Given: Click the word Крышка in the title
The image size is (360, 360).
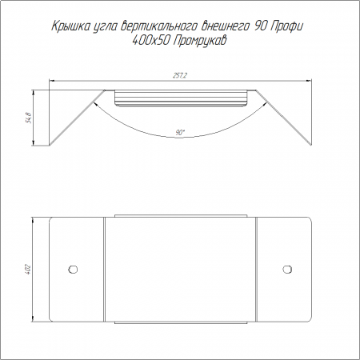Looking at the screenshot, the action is coord(70,26).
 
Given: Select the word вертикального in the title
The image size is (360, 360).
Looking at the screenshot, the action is coord(158,26).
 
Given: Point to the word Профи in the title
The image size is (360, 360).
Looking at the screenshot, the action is coord(287,26).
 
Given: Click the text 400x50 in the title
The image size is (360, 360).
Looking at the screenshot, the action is coord(150,41).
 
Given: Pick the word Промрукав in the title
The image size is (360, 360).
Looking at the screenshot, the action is coord(200,41).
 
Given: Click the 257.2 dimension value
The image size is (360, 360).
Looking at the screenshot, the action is coord(180,76).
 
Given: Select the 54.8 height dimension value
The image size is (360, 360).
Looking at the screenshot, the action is coord(29,118).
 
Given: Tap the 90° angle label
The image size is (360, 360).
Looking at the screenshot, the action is coord(180,132).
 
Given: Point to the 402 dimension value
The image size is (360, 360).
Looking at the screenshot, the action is coord(29,270).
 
